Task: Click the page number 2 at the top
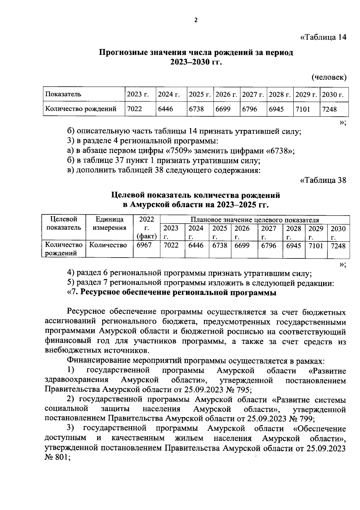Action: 196,20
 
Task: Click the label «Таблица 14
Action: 323,37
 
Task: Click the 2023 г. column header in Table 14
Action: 138,94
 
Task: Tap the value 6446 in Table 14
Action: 166,109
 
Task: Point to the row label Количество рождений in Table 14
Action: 81,109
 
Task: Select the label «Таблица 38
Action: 323,180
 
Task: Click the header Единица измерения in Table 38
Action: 109,223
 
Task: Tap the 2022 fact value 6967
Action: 144,245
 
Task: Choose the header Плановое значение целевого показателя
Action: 255,220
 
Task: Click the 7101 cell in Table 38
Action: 316,246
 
